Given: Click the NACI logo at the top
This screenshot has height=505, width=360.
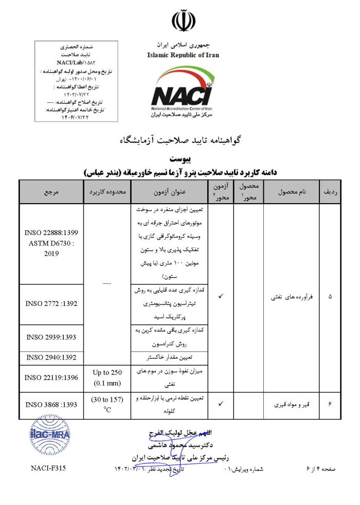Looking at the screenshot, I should pyautogui.click(x=183, y=94).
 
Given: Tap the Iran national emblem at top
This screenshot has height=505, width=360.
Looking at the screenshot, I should pyautogui.click(x=183, y=21).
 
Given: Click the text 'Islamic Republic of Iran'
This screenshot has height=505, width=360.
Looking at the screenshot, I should pyautogui.click(x=183, y=55).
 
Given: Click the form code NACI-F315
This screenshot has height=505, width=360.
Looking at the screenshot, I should pyautogui.click(x=48, y=468).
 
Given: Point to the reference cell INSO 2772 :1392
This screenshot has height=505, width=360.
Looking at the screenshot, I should pyautogui.click(x=51, y=303).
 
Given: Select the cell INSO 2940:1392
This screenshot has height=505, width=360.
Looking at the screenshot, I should pyautogui.click(x=51, y=357).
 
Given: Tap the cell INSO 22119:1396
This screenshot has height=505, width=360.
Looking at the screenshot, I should pyautogui.click(x=51, y=377).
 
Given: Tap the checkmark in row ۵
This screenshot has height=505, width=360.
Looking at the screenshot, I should pyautogui.click(x=220, y=297).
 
